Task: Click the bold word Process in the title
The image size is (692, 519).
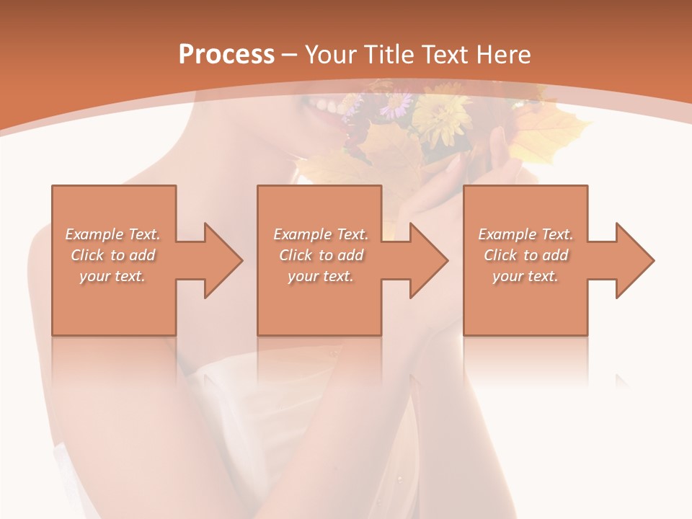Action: [x=226, y=54]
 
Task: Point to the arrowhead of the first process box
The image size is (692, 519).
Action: [x=224, y=260]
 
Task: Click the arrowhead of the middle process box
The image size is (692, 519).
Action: [x=430, y=260]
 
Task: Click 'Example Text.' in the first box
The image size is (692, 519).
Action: [x=112, y=234]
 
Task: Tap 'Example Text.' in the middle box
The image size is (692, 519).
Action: [x=321, y=234]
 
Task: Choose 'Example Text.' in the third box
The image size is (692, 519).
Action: [x=525, y=234]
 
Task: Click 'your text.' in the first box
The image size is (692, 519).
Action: [x=112, y=276]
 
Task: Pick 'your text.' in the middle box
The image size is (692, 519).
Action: [x=321, y=276]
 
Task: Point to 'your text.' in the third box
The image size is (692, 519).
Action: [x=525, y=276]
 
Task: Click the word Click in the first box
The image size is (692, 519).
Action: [x=88, y=255]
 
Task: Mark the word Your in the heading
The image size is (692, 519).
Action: [x=329, y=54]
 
